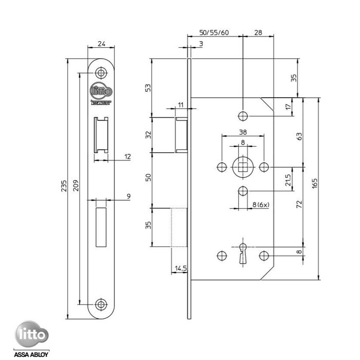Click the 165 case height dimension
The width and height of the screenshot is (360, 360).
pyautogui.click(x=314, y=184)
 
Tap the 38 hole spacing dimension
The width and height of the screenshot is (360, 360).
pyautogui.click(x=243, y=131)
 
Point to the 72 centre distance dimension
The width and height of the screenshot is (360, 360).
pyautogui.click(x=299, y=204)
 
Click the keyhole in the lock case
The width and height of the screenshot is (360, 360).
pyautogui.click(x=243, y=255)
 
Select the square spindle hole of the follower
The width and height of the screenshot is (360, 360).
pyautogui.click(x=243, y=167)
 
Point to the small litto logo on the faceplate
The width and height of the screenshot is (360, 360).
pyautogui.click(x=101, y=91)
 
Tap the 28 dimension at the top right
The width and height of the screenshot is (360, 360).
pyautogui.click(x=258, y=32)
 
